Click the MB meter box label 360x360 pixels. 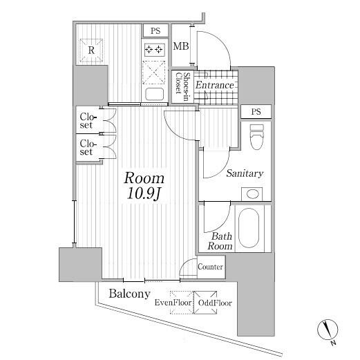coord(181,46)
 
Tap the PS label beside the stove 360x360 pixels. coord(155,31)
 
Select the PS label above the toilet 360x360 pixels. coord(256,112)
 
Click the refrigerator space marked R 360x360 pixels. coord(91,50)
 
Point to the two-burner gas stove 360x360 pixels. coord(154,50)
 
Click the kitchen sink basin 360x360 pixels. coord(155,94)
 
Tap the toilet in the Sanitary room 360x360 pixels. coord(257,138)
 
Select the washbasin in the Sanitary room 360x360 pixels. coord(252,194)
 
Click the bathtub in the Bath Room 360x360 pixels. coord(249,228)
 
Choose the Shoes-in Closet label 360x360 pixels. coord(182,86)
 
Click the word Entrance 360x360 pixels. coord(215,85)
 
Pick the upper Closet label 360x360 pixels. coord(88,121)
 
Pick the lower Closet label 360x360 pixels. coord(88,147)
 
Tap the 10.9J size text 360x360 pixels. coord(144,194)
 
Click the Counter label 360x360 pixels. coord(210,267)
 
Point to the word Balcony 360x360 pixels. coord(129,294)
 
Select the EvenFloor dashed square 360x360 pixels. coord(182,303)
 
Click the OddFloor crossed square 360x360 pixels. coord(205,303)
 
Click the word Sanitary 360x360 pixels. coord(245,173)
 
